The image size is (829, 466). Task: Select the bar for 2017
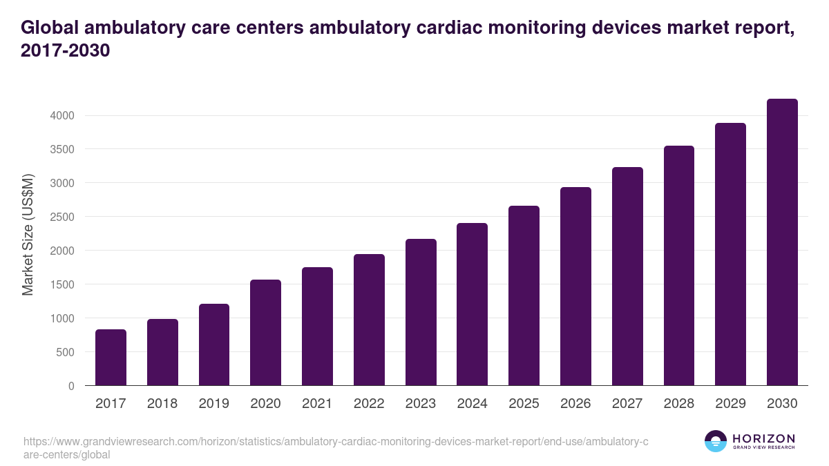(x=111, y=358)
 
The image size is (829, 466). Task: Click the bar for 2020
(x=265, y=333)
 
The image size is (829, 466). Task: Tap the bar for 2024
(x=472, y=304)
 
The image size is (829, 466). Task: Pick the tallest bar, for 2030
(x=782, y=242)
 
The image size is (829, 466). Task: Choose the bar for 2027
(x=627, y=276)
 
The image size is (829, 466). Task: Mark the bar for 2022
(x=369, y=320)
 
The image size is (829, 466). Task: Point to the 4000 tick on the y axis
(x=61, y=115)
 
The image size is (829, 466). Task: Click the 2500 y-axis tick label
(x=61, y=217)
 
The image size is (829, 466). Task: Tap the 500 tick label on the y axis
(x=64, y=352)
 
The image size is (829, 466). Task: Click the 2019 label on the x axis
(x=214, y=404)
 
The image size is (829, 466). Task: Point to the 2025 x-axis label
(x=524, y=404)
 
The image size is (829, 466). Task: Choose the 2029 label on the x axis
(x=730, y=404)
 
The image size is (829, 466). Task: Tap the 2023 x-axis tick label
(x=421, y=404)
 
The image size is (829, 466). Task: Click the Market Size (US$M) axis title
(x=28, y=235)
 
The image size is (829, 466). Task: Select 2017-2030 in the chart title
(x=66, y=51)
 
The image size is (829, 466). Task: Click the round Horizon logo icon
(x=715, y=441)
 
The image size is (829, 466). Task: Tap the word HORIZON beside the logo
(x=763, y=438)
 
